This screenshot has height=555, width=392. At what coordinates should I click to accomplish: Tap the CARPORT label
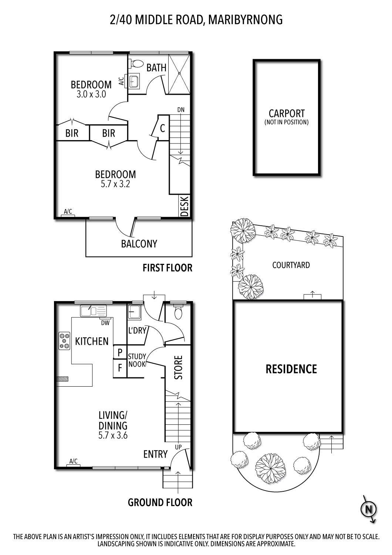287,114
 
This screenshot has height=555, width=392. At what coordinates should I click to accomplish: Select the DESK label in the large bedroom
184,206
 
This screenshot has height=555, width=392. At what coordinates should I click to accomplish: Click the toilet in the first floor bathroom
137,64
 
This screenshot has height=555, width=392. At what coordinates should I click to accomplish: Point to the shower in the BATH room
179,74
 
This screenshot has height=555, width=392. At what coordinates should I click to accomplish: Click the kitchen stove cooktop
65,340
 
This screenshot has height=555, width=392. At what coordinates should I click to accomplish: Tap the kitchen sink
93,310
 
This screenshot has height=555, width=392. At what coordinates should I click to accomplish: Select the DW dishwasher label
105,323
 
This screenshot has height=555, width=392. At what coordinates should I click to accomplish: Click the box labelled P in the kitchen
120,353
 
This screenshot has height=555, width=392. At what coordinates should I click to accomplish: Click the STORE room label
179,367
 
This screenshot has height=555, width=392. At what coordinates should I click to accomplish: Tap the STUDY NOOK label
137,360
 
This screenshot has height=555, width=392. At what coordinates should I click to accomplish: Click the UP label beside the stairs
178,447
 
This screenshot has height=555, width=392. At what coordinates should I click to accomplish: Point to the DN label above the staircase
180,110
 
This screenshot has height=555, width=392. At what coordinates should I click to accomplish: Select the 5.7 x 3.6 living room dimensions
113,435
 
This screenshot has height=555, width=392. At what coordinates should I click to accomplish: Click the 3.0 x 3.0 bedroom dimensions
91,94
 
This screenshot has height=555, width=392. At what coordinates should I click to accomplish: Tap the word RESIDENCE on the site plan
291,369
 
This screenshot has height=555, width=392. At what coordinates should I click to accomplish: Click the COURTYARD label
291,265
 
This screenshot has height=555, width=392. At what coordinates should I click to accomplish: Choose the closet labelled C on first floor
162,129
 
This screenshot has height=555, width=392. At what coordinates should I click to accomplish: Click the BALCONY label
139,243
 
